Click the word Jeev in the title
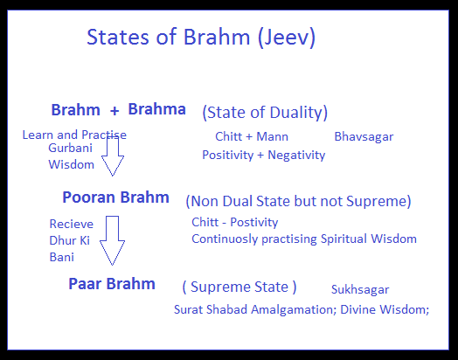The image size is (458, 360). click(288, 38)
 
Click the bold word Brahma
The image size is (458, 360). click(156, 109)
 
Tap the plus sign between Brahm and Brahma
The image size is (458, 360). click(114, 111)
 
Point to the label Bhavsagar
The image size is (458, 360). click(364, 137)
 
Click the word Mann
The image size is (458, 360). click(272, 136)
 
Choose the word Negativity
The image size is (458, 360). click(296, 155)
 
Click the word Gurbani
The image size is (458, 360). click(70, 148)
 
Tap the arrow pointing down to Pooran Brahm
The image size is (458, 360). click(113, 156)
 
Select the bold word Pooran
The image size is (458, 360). click(89, 197)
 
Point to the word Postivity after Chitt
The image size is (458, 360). click(253, 223)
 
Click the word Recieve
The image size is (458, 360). click(72, 224)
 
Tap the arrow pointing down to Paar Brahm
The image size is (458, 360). click(112, 240)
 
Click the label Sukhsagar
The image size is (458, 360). click(360, 290)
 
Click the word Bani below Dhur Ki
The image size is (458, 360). click(62, 257)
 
